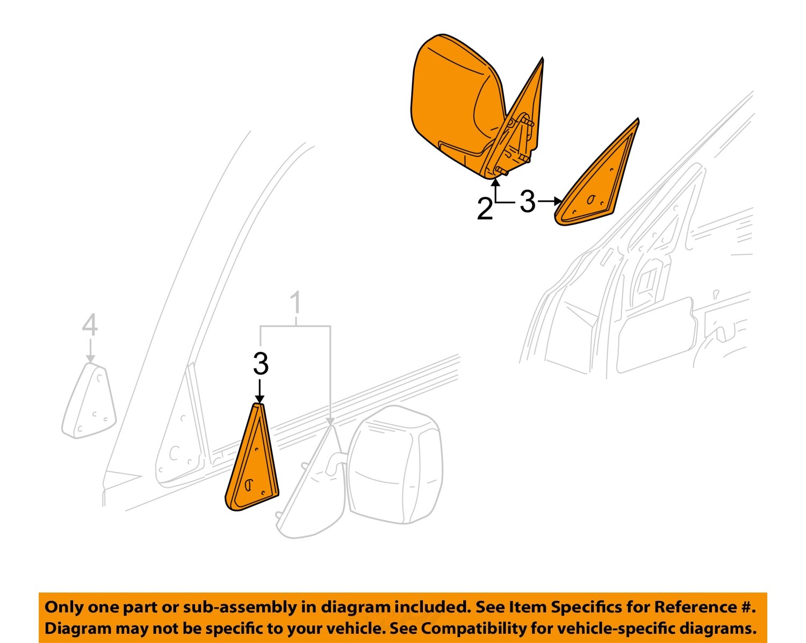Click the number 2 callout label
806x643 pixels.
point(484,208)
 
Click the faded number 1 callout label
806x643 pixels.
point(296,304)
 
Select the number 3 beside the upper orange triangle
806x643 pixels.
point(528,202)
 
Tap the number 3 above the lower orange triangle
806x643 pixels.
point(261,364)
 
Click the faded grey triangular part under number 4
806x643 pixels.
point(90,400)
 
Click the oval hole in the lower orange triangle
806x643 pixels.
point(248,485)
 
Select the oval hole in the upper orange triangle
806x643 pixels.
point(591,200)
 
